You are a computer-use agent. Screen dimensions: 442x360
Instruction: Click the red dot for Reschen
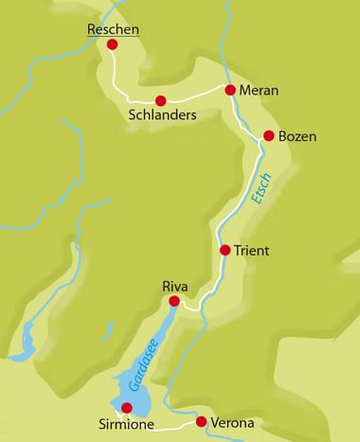(113, 44)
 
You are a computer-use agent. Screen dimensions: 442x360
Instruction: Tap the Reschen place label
(113, 29)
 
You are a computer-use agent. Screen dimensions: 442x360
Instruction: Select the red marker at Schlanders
(160, 100)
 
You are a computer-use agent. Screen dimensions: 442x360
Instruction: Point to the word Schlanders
(161, 115)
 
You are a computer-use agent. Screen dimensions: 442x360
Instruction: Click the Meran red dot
(230, 90)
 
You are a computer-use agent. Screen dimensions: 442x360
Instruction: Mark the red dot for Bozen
(269, 135)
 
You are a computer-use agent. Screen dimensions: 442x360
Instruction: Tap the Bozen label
(297, 137)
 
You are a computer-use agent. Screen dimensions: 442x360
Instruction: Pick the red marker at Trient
(225, 251)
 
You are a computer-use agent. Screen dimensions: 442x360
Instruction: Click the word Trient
(253, 252)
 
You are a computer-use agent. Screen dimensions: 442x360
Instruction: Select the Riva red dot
(173, 301)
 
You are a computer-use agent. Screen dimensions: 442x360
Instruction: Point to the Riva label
(176, 285)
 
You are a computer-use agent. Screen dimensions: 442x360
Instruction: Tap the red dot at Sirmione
(127, 407)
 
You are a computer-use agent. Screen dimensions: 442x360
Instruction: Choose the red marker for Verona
(201, 421)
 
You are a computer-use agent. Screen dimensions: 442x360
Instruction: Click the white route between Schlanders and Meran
(196, 97)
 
